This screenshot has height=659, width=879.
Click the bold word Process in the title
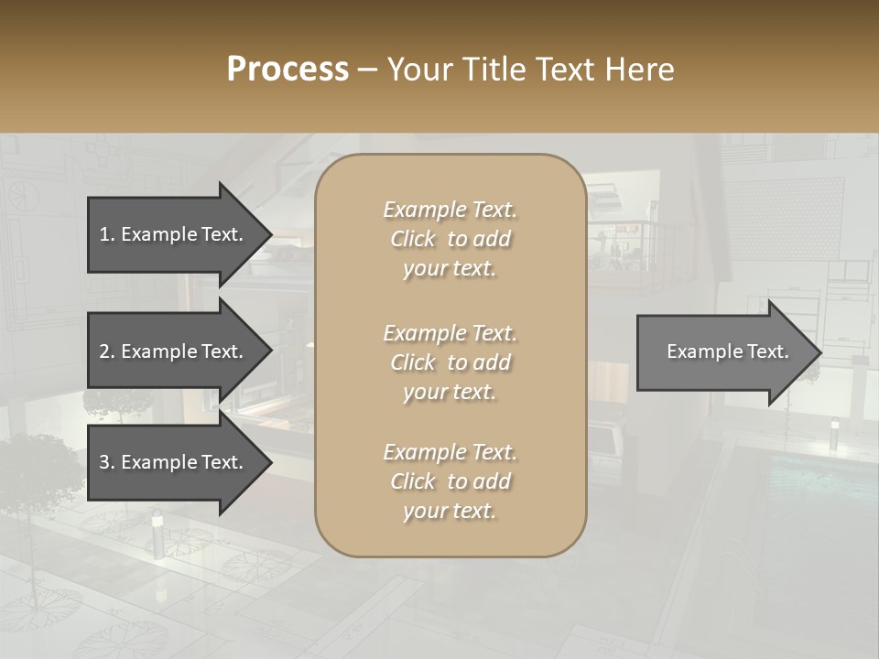click(x=288, y=70)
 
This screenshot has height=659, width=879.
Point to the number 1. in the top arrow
click(x=107, y=234)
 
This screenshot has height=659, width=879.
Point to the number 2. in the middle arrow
click(x=107, y=351)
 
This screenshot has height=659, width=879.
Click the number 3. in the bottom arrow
click(x=107, y=462)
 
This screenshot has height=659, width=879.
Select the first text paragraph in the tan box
click(x=450, y=239)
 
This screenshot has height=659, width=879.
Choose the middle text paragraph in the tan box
click(x=450, y=362)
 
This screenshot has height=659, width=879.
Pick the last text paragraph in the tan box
click(x=450, y=481)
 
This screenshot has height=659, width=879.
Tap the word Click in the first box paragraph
click(x=413, y=240)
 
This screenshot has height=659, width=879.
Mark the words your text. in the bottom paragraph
click(x=450, y=511)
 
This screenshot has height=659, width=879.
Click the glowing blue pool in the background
click(x=806, y=476)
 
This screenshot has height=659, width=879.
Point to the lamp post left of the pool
click(x=833, y=432)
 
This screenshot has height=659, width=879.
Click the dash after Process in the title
click(x=367, y=70)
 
